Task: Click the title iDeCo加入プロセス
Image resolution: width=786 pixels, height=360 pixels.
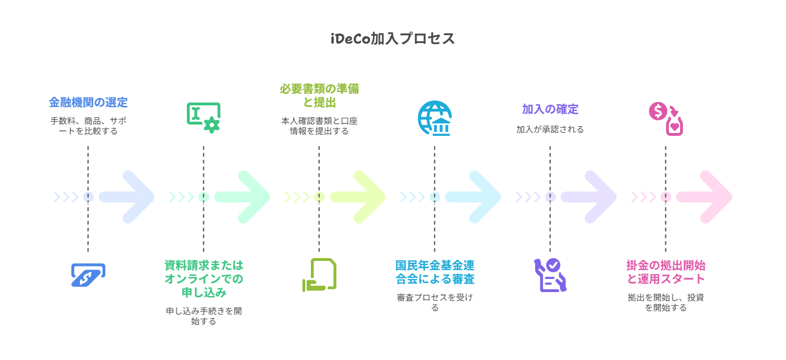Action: point(392,38)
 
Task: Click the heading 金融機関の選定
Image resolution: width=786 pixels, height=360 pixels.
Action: point(88,102)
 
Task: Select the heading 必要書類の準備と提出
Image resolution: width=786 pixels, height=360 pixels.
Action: point(319,96)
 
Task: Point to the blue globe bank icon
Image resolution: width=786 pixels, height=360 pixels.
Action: point(434,118)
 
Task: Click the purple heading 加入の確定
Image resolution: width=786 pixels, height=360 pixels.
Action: point(550,109)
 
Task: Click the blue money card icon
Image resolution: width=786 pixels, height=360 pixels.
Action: point(88,275)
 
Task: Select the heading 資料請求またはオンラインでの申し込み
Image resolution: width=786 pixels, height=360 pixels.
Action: point(203,278)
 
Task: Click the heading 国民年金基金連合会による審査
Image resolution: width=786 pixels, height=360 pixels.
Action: point(435,272)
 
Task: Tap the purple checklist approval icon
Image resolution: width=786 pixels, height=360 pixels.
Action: point(550,275)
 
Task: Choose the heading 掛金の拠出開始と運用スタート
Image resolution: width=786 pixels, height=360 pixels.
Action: point(665,272)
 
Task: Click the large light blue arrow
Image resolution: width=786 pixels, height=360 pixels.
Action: point(473,197)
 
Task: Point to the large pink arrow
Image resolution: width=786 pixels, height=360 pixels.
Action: point(704,197)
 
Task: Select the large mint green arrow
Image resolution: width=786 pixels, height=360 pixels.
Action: point(242,197)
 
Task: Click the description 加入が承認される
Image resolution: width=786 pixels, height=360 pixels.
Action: point(550,130)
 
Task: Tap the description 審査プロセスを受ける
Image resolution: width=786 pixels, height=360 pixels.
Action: point(435,302)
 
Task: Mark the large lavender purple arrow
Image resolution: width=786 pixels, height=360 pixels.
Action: point(589,197)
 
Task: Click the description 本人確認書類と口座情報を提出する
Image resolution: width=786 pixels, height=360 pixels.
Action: point(319,126)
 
